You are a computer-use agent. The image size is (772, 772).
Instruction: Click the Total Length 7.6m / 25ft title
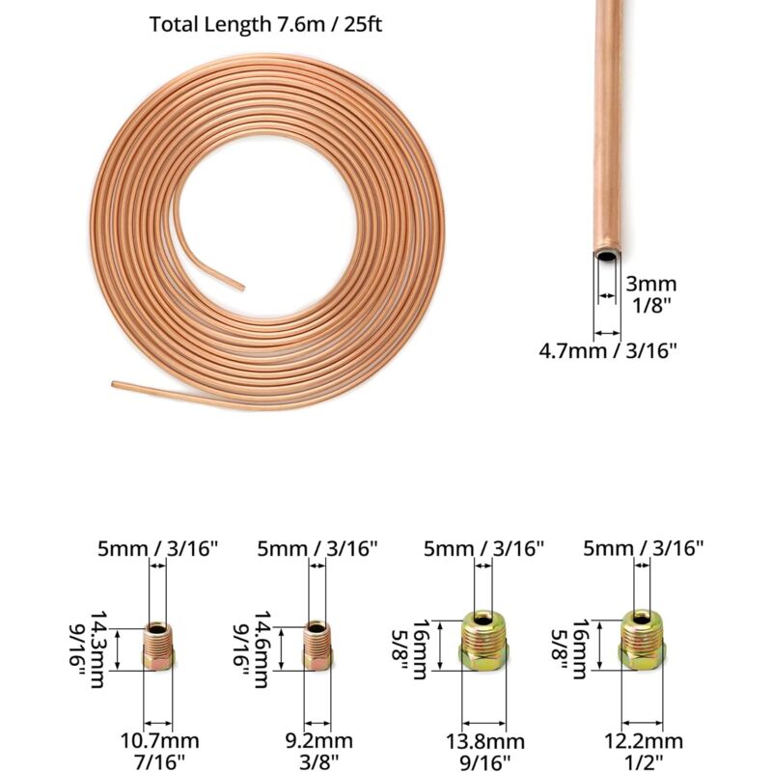point(265,24)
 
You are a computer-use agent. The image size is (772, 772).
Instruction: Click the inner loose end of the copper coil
point(238,285)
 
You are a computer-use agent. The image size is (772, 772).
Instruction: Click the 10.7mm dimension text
point(158,741)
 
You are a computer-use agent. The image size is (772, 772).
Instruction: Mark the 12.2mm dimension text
point(644,741)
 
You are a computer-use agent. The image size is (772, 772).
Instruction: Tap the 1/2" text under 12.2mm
point(644,763)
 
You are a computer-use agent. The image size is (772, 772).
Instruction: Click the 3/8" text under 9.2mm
point(317,763)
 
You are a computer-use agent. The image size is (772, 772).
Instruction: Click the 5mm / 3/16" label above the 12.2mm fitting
point(644,547)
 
